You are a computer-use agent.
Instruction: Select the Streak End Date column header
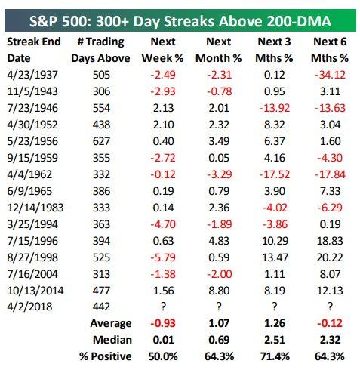[34, 50]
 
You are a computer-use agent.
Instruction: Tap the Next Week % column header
[163, 50]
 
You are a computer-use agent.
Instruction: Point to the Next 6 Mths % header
[330, 50]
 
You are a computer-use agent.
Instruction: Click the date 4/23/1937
[32, 75]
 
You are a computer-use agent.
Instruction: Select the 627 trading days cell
[101, 141]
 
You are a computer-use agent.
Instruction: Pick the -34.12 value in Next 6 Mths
[330, 75]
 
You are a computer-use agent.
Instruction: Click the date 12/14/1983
[35, 208]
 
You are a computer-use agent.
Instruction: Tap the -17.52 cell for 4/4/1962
[275, 174]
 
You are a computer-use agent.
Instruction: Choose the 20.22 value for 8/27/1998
[330, 257]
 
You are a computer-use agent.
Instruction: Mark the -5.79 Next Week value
[163, 257]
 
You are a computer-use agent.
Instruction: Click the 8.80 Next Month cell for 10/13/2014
[219, 291]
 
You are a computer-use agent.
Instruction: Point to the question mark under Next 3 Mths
[275, 307]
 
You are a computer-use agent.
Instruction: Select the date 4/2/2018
[29, 307]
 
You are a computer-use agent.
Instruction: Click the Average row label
[111, 323]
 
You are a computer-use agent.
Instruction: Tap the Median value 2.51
[275, 340]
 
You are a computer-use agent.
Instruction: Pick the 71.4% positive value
[275, 356]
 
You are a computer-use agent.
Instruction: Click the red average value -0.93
[163, 323]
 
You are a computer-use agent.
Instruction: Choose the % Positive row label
[105, 356]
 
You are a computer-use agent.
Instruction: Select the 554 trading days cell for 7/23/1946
[101, 108]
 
